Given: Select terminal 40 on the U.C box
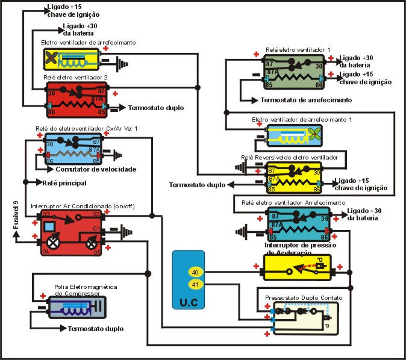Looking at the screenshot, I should click(x=195, y=272).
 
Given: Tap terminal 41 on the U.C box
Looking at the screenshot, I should click(x=195, y=284).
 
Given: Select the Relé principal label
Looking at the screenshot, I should click(x=65, y=182).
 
